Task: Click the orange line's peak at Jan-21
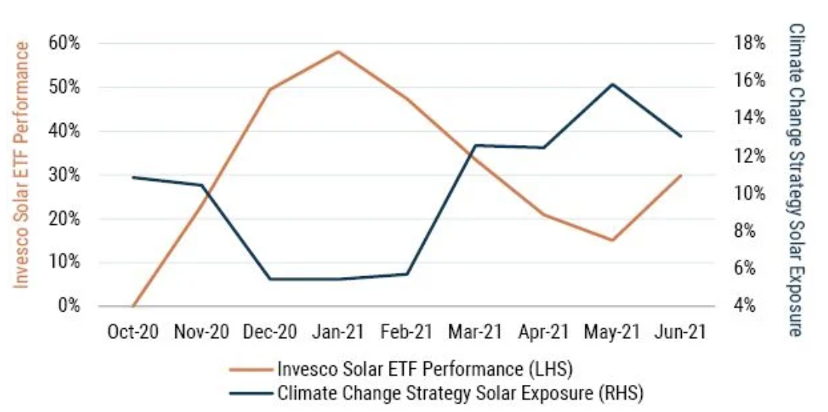click(338, 51)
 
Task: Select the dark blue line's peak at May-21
click(612, 84)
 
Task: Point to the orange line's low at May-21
click(612, 241)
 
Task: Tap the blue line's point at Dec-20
click(270, 279)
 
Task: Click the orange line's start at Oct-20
click(133, 306)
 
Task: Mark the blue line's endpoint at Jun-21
click(681, 137)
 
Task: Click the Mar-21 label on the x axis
click(475, 333)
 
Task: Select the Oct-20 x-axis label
click(133, 333)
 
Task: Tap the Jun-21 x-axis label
click(680, 333)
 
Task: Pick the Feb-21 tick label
click(406, 333)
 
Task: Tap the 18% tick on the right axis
click(750, 43)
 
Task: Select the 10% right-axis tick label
click(750, 193)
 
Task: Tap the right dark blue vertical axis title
click(796, 180)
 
